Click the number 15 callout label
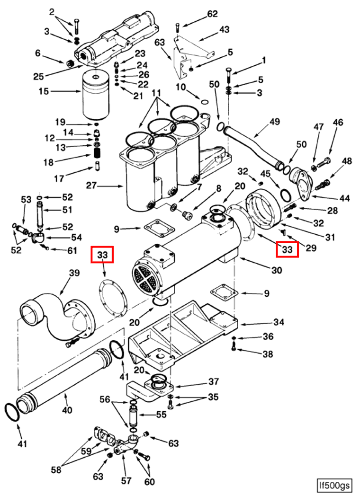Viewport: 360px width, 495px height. point(44,91)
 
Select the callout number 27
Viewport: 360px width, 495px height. point(92,186)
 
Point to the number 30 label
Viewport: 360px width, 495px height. point(277,270)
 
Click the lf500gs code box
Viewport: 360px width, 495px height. point(337,485)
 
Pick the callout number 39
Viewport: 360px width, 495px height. point(74,273)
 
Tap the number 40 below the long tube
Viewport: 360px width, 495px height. point(67,410)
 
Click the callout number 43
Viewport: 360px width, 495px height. point(224,30)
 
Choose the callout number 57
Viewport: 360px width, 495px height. point(126,481)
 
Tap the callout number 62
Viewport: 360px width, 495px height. point(212,14)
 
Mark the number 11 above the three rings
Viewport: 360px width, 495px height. point(156,93)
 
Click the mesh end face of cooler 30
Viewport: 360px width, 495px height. point(146,277)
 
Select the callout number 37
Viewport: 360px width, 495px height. point(214,382)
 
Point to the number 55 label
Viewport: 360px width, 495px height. point(161,414)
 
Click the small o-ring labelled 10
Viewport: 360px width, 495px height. point(205,102)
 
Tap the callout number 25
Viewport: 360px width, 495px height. point(39,76)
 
